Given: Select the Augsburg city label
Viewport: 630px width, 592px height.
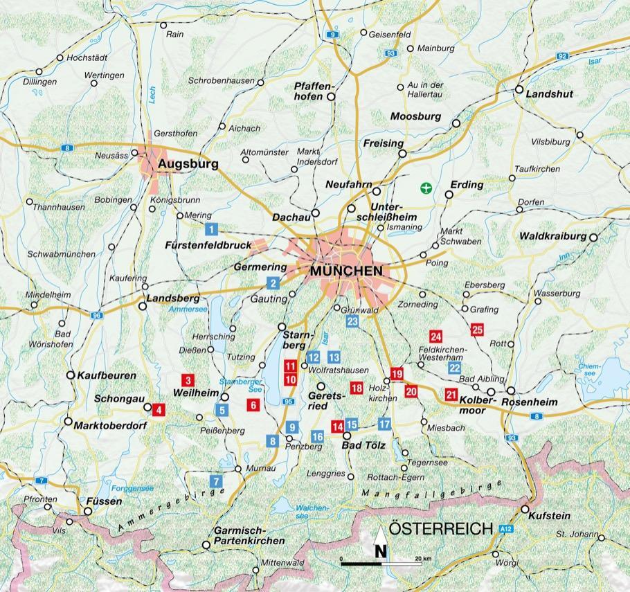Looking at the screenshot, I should coord(188,164).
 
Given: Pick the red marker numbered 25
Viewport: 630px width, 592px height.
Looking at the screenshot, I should coord(477,330).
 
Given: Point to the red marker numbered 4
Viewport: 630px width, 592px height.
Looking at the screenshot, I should coord(159,409).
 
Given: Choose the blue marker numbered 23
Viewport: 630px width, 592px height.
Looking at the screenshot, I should coord(352,321).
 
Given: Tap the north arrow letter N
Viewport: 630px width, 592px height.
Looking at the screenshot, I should coord(381,551).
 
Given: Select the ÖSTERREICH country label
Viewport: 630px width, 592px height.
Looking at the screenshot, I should coord(440,529).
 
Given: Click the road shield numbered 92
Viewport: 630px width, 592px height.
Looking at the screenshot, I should coord(561,56).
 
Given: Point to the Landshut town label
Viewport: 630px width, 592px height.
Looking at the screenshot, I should coord(550,93).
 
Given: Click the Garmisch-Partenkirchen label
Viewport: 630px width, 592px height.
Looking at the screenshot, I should coord(249,535).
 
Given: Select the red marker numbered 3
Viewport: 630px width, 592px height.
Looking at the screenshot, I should coord(187,379).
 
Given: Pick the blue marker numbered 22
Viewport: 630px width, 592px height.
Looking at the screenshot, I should coord(454,368).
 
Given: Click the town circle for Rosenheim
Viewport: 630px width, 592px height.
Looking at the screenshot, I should coord(510,392).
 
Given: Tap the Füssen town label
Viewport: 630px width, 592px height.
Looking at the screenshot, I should coord(105,499).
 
